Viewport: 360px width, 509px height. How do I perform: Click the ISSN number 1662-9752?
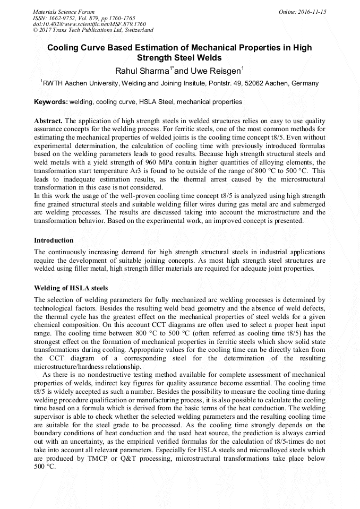pos(68,18)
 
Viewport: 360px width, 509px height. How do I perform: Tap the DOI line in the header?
pos(89,24)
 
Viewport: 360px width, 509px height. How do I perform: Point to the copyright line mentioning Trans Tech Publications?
pos(93,30)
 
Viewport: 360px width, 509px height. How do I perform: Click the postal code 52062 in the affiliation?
pos(256,83)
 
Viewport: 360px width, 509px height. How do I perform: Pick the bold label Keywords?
pos(51,102)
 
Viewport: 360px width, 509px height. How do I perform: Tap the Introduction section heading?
pos(54,240)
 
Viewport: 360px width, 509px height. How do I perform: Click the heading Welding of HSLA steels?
pos(71,288)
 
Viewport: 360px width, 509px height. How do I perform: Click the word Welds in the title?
pos(208,58)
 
